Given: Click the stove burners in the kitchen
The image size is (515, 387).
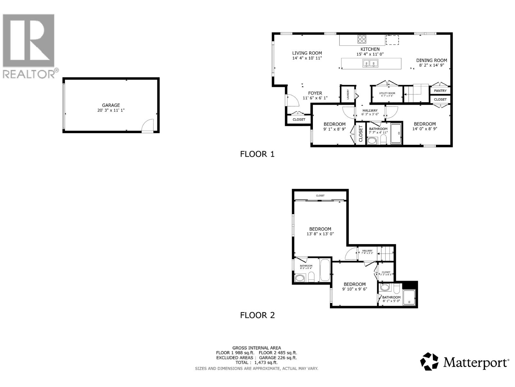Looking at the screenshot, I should (x=362, y=39).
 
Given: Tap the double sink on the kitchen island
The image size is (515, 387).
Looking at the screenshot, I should (x=370, y=63).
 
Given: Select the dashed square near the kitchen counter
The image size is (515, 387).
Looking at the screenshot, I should (x=392, y=40).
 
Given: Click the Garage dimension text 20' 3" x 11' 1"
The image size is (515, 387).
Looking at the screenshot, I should (x=111, y=110).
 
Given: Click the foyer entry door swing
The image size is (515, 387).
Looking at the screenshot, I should (x=293, y=100).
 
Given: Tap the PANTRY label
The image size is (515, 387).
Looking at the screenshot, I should (x=440, y=91).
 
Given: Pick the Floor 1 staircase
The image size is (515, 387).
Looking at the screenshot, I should (x=417, y=94).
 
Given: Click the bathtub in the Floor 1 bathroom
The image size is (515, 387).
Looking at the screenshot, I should (x=396, y=134).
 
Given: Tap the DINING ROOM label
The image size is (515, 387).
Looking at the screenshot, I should (x=431, y=60).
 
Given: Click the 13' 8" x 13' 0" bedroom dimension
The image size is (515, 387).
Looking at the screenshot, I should (x=320, y=234).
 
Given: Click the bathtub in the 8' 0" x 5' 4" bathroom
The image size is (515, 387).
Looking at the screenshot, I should (x=325, y=270).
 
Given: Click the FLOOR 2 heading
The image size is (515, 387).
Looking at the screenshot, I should (x=257, y=315).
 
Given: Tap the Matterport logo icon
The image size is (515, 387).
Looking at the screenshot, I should (x=429, y=362).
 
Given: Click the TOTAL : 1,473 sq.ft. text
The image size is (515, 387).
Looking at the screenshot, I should (x=256, y=362).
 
